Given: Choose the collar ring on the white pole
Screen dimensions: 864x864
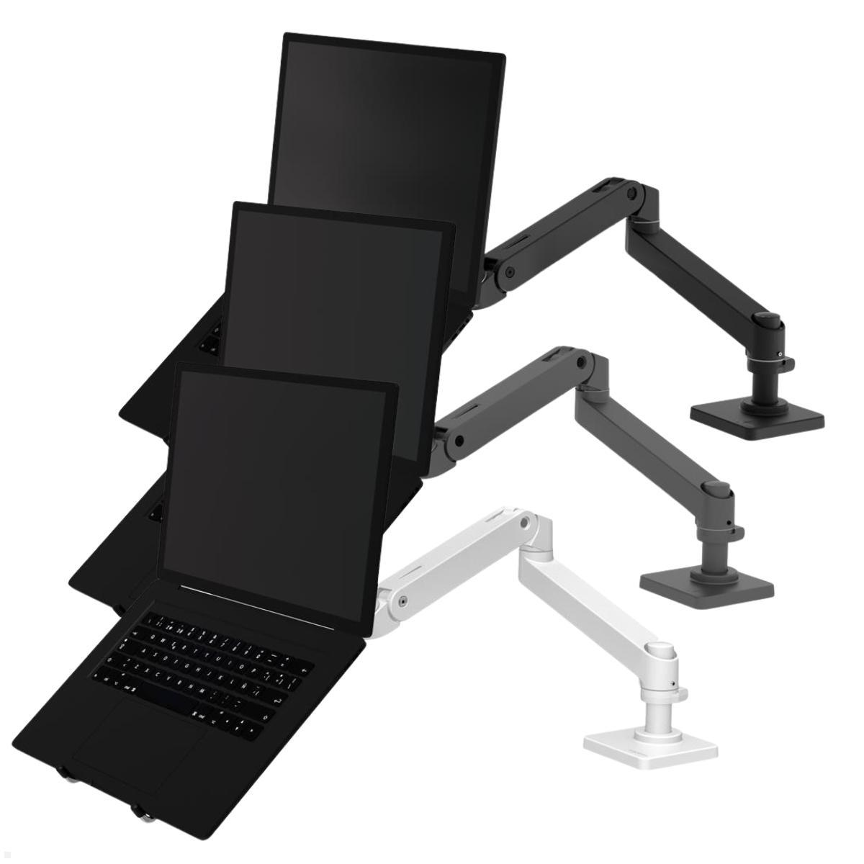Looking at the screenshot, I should pos(670,695).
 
